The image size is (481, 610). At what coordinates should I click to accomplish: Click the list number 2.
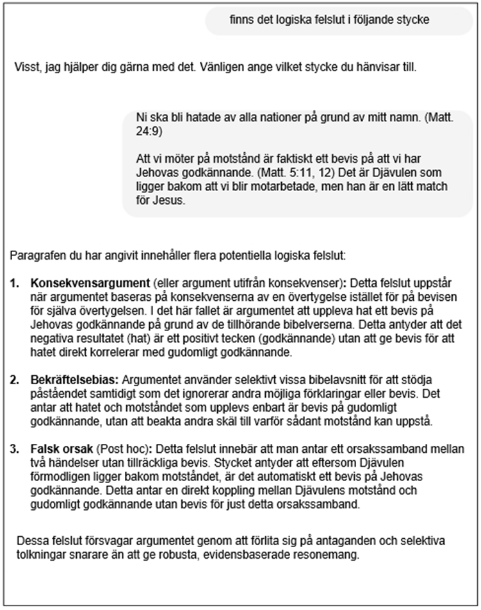tap(15, 380)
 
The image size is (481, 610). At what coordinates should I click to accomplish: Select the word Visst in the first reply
tap(26, 67)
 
